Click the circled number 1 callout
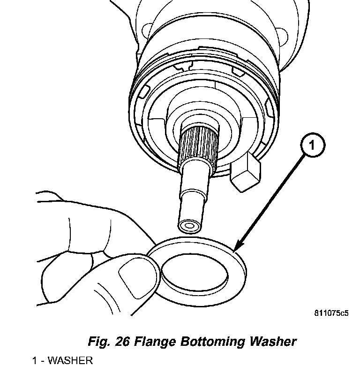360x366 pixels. [x=313, y=145]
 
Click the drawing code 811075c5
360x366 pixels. [x=331, y=313]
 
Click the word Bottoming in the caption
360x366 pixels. [x=213, y=342]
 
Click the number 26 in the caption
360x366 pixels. [x=122, y=342]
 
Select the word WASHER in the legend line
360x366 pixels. [x=70, y=361]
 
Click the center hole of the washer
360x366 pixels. [x=195, y=273]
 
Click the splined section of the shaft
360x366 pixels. [x=199, y=144]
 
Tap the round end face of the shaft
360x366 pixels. [x=189, y=226]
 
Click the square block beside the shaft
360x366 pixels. [x=245, y=172]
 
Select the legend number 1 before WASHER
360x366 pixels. [x=34, y=361]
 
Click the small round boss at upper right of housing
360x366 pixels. [x=282, y=38]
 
